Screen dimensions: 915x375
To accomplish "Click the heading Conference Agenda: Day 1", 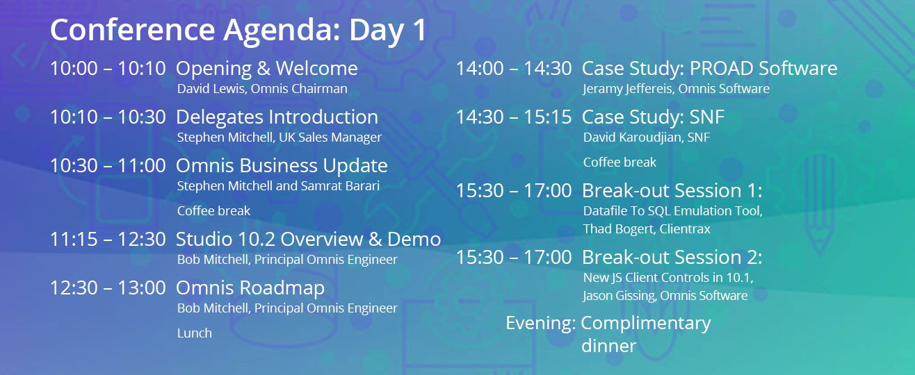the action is (238, 31).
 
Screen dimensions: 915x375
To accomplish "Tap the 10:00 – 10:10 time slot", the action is (108, 68).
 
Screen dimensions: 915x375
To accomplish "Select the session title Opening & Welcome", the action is (267, 69).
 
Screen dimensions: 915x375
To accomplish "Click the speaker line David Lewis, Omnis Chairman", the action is (262, 89).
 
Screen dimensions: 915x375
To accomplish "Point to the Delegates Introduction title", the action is (277, 117).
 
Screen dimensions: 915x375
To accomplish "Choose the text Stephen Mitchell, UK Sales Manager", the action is (280, 137).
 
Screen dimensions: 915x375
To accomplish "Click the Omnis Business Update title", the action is (282, 166).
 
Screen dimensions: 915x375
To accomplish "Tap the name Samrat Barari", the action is (340, 185).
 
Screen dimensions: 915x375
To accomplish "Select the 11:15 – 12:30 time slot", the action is (108, 239).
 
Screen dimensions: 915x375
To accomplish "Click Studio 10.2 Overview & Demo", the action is (309, 239).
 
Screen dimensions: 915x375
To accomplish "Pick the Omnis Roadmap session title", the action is (250, 288).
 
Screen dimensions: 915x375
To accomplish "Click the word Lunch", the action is (195, 333).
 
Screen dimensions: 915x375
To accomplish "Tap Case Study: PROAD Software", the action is (709, 69).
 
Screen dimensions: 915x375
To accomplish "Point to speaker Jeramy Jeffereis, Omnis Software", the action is (677, 89).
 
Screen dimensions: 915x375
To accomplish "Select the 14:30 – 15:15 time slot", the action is (514, 117).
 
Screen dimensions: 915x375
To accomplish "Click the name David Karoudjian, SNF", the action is (647, 137).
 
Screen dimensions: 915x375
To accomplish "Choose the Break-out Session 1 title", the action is (672, 190).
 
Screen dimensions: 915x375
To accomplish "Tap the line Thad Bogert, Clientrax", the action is (647, 229).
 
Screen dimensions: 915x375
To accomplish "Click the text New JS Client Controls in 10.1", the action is (668, 278).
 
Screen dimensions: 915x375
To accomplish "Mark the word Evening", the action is (541, 323).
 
